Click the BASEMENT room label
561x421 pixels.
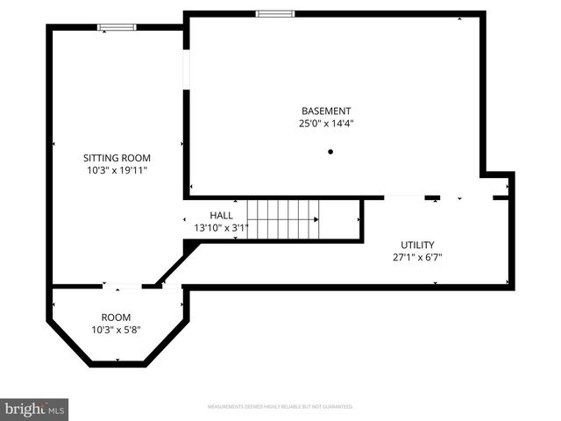326,111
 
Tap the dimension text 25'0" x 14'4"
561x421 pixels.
326,124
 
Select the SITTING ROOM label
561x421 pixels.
111,158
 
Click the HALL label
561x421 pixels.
221,216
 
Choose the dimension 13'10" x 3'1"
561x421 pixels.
221,228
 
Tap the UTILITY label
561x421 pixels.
417,245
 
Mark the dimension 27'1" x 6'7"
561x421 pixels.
417,257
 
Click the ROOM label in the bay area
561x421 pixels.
116,318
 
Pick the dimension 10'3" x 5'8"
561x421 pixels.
116,330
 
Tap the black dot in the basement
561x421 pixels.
330,152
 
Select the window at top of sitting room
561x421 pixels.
117,27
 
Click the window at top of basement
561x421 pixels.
275,14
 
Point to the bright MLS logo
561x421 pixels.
34,409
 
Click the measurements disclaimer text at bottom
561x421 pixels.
280,407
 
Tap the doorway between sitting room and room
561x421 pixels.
123,286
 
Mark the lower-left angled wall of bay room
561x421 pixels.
67,343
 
